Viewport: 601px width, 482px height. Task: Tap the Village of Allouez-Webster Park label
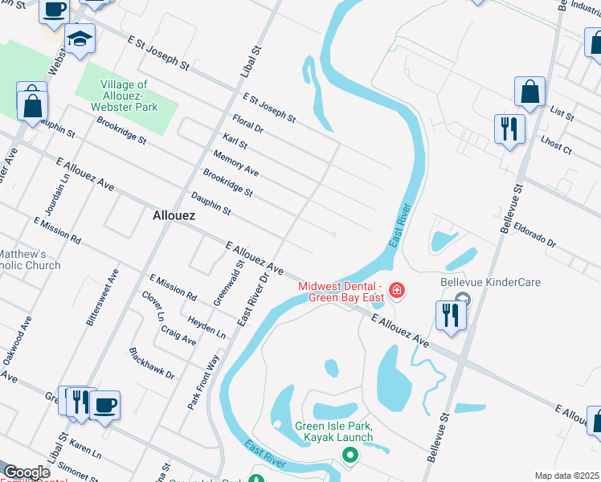125,96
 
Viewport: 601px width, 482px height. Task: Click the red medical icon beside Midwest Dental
396,289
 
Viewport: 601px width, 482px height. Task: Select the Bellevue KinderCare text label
490,282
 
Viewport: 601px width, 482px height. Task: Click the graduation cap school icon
80,39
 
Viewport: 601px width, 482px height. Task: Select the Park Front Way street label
203,383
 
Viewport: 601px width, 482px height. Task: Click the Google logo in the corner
27,472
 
